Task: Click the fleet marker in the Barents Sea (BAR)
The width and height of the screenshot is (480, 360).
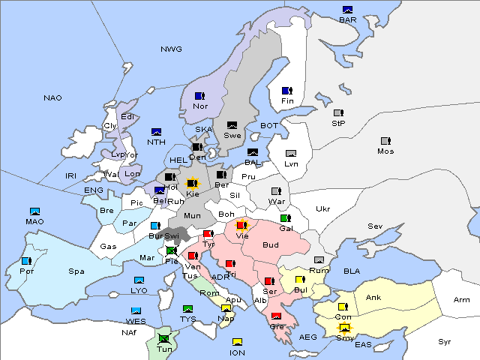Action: (348, 10)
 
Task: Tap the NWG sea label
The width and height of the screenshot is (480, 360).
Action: (171, 49)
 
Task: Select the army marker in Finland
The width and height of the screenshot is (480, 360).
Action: (286, 91)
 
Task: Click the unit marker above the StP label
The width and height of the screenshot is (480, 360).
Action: (338, 113)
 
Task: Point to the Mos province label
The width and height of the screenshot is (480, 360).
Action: (385, 151)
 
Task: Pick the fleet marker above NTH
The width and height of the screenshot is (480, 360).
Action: (157, 132)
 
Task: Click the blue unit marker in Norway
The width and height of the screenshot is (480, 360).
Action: (199, 96)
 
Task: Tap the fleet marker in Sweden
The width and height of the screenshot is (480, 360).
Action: (232, 125)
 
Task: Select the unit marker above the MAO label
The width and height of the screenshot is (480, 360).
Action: (34, 211)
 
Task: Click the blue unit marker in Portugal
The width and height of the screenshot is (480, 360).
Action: (26, 261)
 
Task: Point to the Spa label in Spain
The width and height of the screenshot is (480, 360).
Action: (76, 271)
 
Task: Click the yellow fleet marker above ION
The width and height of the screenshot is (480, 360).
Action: (237, 342)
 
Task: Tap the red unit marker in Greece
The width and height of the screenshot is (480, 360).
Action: (276, 316)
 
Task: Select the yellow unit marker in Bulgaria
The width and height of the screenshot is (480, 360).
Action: (300, 280)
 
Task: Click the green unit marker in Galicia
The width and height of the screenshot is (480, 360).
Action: (285, 218)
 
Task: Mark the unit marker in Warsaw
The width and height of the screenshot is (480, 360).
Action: (275, 190)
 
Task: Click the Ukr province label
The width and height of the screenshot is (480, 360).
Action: (322, 209)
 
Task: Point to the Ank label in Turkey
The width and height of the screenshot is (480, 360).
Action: (373, 298)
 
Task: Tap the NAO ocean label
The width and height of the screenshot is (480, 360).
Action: (52, 98)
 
